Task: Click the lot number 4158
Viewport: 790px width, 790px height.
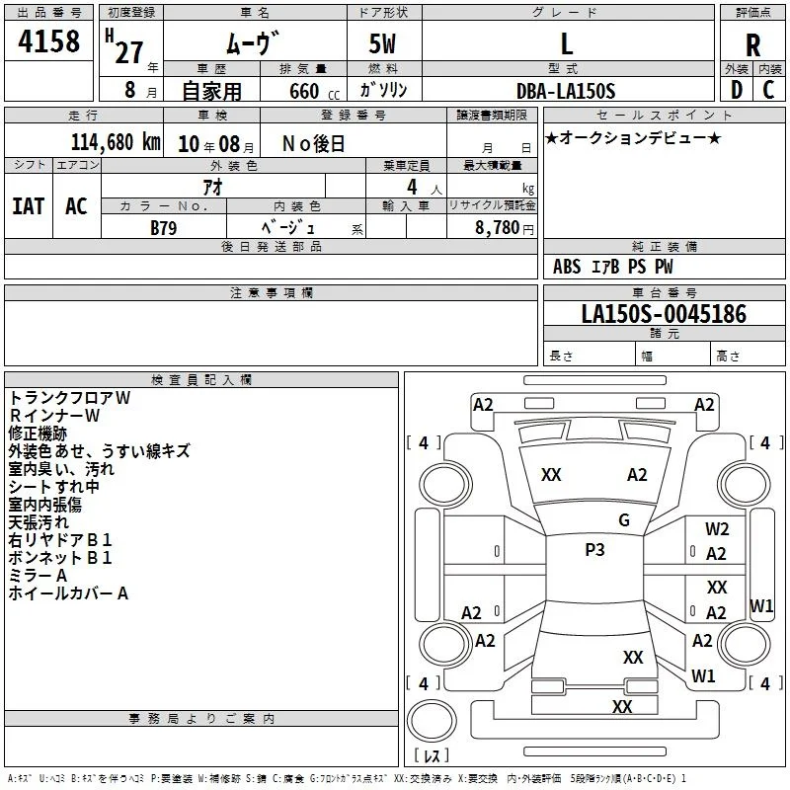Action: pyautogui.click(x=48, y=40)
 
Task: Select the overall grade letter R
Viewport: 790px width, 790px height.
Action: pyautogui.click(x=752, y=45)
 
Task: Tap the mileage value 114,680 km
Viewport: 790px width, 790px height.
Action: pyautogui.click(x=116, y=142)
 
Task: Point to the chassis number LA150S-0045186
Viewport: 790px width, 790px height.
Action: pyautogui.click(x=664, y=313)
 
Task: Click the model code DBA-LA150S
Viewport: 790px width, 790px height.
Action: pyautogui.click(x=566, y=91)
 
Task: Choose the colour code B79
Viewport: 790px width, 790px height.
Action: pyautogui.click(x=164, y=228)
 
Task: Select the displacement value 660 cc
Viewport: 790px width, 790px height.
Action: pyautogui.click(x=314, y=92)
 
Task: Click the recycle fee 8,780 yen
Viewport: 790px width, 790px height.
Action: pyautogui.click(x=505, y=228)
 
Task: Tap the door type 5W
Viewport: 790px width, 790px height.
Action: pyautogui.click(x=382, y=43)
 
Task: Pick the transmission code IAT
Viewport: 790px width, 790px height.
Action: pyautogui.click(x=29, y=206)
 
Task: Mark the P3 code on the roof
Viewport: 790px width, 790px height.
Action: pyautogui.click(x=594, y=550)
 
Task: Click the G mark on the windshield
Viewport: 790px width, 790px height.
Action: pyautogui.click(x=624, y=519)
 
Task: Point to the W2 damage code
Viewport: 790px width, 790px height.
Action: pyautogui.click(x=717, y=529)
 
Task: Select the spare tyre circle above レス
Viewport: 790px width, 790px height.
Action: pyautogui.click(x=432, y=720)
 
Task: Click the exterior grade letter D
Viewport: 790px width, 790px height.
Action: pyautogui.click(x=737, y=90)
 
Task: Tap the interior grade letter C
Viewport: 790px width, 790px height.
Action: pyautogui.click(x=768, y=90)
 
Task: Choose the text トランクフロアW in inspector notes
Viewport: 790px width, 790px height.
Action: pyautogui.click(x=69, y=398)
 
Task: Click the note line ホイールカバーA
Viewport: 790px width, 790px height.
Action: pyautogui.click(x=68, y=593)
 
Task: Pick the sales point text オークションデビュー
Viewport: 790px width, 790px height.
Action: pyautogui.click(x=633, y=137)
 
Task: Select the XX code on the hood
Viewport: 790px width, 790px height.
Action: pyautogui.click(x=551, y=475)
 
